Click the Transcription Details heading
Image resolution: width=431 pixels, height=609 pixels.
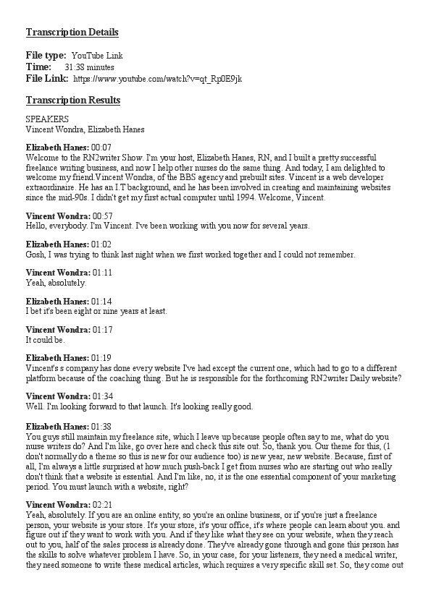click(x=72, y=33)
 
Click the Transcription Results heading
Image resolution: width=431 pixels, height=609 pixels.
click(x=73, y=101)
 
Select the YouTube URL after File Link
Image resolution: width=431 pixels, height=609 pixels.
click(x=158, y=78)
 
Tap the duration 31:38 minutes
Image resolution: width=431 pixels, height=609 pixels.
click(x=89, y=67)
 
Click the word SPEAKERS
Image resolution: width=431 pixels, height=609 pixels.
click(x=47, y=119)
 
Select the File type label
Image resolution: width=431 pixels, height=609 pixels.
click(x=46, y=56)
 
